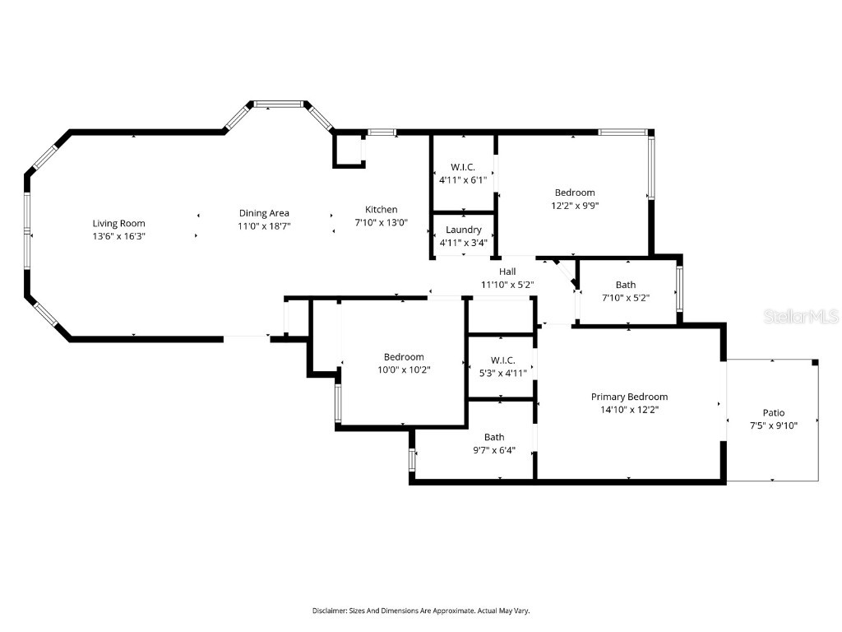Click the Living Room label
coord(118,223)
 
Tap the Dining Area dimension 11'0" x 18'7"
coord(264,225)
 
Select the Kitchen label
coord(381,210)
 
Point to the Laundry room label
coord(463,230)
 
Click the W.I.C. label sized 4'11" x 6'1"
coord(463,167)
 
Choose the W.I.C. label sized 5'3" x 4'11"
coord(502,360)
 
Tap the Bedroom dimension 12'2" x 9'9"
coord(574,206)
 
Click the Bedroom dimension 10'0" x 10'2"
coord(404,369)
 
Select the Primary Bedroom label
coord(629,397)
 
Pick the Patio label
coord(773,413)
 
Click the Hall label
coord(507,272)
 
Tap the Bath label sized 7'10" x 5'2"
coord(625,285)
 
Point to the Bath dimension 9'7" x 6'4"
coord(493,449)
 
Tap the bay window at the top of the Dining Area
coord(278,105)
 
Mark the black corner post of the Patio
coord(815,362)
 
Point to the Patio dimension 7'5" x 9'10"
coord(773,425)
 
